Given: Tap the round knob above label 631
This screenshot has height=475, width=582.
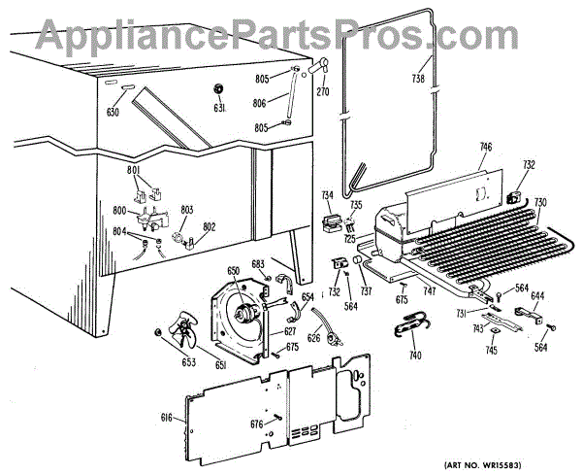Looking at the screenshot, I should pyautogui.click(x=218, y=89).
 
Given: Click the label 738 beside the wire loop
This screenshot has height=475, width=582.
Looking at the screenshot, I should pyautogui.click(x=418, y=79).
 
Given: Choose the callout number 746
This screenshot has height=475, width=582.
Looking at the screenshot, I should pyautogui.click(x=486, y=147).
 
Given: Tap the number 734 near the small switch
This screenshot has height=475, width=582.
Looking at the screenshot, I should pyautogui.click(x=328, y=195).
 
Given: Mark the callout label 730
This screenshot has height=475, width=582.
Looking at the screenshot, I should pyautogui.click(x=540, y=202).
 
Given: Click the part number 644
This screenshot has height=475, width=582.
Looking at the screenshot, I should pyautogui.click(x=536, y=295).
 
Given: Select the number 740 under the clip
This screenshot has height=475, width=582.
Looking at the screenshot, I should pyautogui.click(x=415, y=356).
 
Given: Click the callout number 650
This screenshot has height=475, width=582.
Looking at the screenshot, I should pyautogui.click(x=233, y=270).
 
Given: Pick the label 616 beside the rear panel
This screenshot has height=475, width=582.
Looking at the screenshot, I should pyautogui.click(x=166, y=417).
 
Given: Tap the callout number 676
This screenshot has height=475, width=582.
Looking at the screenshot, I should pyautogui.click(x=255, y=423).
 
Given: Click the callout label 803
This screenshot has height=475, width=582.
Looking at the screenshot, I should pyautogui.click(x=186, y=210).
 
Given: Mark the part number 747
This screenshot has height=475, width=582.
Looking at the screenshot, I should pyautogui.click(x=430, y=290).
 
